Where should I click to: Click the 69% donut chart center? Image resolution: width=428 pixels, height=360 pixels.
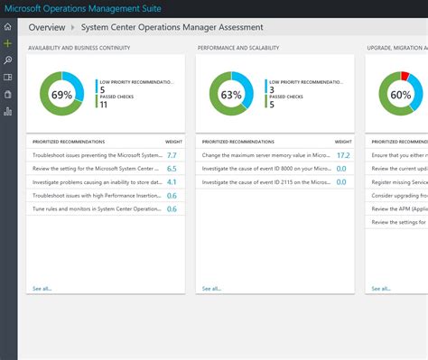click(61, 94)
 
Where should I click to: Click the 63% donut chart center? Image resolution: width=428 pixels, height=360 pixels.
click(231, 94)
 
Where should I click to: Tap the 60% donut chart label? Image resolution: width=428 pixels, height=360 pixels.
click(401, 94)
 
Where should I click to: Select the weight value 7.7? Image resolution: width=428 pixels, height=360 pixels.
click(172, 156)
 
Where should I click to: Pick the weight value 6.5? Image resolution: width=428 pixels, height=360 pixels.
click(172, 169)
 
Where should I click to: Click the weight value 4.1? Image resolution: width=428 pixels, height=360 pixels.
click(172, 182)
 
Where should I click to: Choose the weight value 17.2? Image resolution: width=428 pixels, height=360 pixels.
click(342, 156)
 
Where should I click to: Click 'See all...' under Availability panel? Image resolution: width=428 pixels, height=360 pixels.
click(42, 289)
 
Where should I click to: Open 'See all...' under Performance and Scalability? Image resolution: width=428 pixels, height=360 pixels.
click(211, 289)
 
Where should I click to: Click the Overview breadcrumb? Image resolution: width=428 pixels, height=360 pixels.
click(47, 27)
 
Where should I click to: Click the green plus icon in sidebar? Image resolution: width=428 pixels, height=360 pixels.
click(8, 42)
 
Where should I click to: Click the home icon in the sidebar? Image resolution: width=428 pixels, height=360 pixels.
click(8, 27)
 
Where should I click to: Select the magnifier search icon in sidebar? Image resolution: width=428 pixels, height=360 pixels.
click(8, 60)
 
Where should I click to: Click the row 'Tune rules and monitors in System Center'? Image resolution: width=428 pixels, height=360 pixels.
click(95, 208)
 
